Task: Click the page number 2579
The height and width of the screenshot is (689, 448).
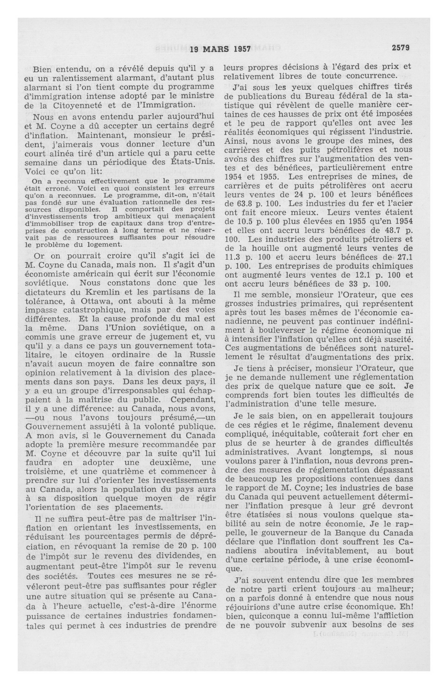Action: click(401, 48)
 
